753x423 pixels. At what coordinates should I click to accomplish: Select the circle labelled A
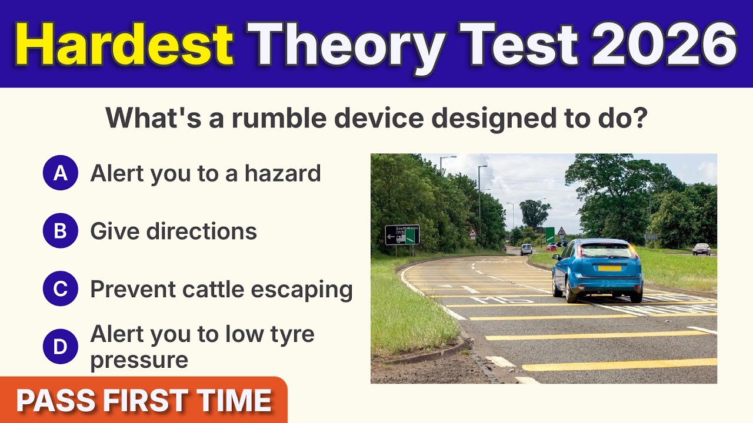60,173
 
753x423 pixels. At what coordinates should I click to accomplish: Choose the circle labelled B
60,231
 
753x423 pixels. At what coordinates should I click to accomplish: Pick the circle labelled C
60,289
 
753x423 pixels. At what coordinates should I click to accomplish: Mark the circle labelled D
60,347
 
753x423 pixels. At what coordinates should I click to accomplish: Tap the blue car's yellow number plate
609,268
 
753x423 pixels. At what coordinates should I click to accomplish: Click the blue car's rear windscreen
608,251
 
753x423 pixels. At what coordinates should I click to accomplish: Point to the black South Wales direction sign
402,234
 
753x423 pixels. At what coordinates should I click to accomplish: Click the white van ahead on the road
526,249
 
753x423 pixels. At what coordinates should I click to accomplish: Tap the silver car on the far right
701,249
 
